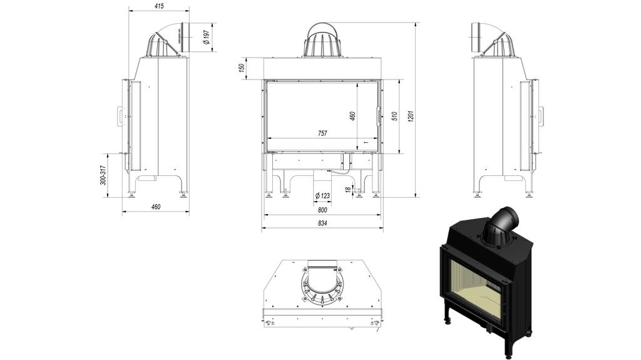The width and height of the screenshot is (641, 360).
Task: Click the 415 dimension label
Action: [x=158, y=6]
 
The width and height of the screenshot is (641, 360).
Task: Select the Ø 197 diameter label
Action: [x=206, y=38]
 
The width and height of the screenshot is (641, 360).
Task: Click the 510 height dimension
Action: [x=394, y=116]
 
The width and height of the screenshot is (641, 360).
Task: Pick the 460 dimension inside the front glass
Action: [x=352, y=116]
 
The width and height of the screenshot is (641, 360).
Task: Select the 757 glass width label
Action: [x=322, y=133]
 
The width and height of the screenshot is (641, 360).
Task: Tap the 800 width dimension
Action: [x=322, y=210]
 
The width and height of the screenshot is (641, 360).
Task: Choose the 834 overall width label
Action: [x=322, y=223]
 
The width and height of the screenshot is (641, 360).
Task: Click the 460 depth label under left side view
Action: [x=156, y=207]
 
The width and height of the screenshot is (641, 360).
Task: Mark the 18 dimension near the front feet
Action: [x=348, y=189]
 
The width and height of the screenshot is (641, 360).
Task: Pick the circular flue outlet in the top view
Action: [x=322, y=285]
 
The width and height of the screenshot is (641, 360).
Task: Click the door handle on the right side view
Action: [x=540, y=116]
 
